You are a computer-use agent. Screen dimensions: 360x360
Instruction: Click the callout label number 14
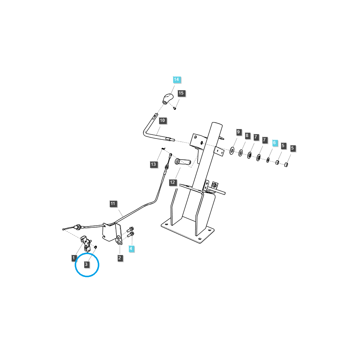pyautogui.click(x=176, y=80)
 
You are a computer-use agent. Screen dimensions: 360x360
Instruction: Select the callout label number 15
pyautogui.click(x=181, y=93)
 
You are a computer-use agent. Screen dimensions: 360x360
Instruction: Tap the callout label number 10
pyautogui.click(x=162, y=121)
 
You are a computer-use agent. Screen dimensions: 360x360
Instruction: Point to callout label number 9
pyautogui.click(x=238, y=132)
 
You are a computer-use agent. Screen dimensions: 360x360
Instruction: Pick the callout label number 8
pyautogui.click(x=247, y=136)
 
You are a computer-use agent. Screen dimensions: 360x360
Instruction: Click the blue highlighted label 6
pyautogui.click(x=274, y=143)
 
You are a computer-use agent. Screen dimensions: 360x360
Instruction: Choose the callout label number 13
pyautogui.click(x=154, y=164)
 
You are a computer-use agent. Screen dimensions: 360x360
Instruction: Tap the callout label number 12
pyautogui.click(x=172, y=182)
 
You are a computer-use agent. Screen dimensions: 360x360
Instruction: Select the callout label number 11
pyautogui.click(x=113, y=204)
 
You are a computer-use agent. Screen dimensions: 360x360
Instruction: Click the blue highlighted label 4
pyautogui.click(x=131, y=249)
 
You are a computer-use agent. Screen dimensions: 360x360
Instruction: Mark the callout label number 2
pyautogui.click(x=120, y=258)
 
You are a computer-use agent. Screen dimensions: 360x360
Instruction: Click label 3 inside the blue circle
pyautogui.click(x=86, y=264)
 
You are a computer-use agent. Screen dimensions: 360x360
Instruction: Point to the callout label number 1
pyautogui.click(x=73, y=258)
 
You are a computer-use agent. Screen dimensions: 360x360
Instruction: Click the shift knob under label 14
pyautogui.click(x=168, y=99)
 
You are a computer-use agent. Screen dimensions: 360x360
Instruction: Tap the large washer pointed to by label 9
pyautogui.click(x=232, y=150)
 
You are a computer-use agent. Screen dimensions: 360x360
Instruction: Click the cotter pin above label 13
pyautogui.click(x=163, y=148)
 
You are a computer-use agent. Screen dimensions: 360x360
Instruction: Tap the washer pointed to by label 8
pyautogui.click(x=241, y=154)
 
